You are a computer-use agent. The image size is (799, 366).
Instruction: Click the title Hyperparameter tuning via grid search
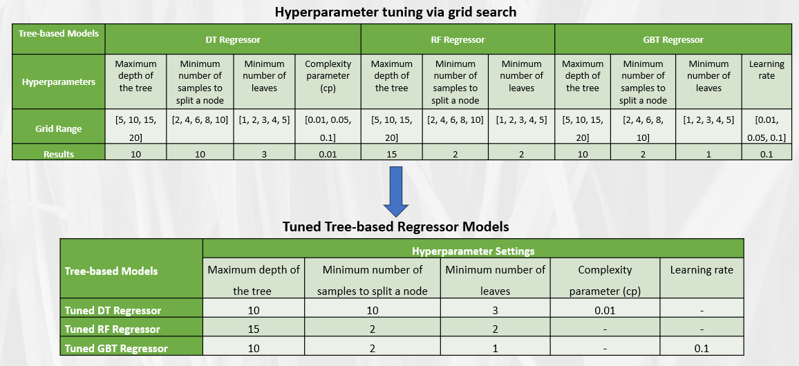[395, 12]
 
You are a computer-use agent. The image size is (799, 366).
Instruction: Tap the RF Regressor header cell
[457, 40]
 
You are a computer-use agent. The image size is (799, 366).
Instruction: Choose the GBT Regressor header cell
[673, 40]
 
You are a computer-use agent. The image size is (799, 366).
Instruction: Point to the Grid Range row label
[59, 128]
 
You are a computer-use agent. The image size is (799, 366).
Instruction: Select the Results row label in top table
[59, 154]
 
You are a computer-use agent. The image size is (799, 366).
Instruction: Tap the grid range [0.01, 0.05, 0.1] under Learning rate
[767, 128]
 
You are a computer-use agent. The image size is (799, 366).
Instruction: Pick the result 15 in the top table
[392, 154]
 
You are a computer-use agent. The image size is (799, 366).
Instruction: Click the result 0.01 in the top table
[328, 154]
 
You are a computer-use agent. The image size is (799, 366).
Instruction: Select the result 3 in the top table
[264, 154]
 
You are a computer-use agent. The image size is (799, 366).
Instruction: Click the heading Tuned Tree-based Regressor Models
[395, 227]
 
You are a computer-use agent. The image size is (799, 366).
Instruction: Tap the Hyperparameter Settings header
[473, 251]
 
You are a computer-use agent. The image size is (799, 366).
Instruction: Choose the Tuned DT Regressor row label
[113, 310]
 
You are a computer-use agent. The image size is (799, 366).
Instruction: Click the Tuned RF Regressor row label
[112, 329]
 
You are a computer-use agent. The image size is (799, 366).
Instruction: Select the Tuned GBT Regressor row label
[116, 348]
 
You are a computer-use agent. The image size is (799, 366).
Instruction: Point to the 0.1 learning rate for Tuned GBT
[702, 348]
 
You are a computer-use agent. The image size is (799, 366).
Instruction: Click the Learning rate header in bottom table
[702, 270]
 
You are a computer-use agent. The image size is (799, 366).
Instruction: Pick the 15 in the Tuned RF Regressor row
[254, 329]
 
